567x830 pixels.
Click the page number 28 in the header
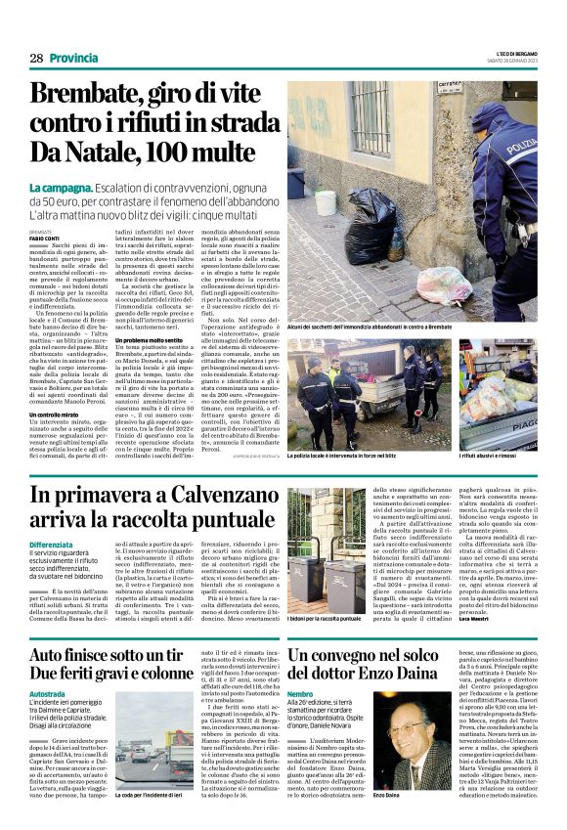pos(37,58)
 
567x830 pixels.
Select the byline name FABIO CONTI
pos(45,237)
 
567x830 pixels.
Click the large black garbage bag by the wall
pos(351,225)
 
